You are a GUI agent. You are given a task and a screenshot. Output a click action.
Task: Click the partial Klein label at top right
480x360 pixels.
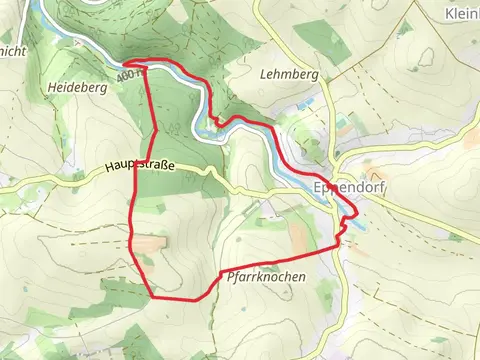[459, 13]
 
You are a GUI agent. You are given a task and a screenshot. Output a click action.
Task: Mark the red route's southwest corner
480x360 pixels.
[152, 296]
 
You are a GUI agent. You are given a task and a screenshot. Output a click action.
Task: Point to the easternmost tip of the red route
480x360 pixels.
[357, 213]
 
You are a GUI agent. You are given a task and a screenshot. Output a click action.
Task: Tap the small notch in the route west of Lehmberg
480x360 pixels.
[214, 121]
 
